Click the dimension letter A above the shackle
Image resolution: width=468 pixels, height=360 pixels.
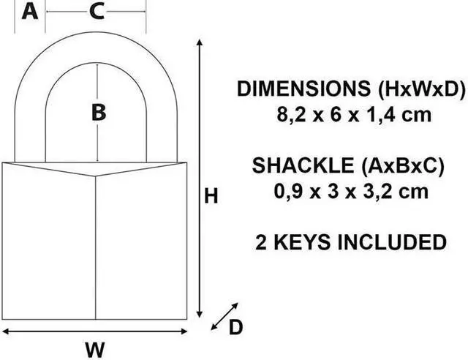pos(29,12)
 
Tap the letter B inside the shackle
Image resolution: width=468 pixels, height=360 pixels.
pos(98,112)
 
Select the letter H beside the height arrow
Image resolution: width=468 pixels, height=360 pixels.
pos(211,196)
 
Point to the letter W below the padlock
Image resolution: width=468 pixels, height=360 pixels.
pos(94,348)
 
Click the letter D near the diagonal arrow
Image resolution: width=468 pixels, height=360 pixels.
pos(235,327)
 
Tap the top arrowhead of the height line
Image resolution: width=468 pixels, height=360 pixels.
pos(200,45)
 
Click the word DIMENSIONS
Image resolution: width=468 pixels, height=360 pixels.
pos(305,89)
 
